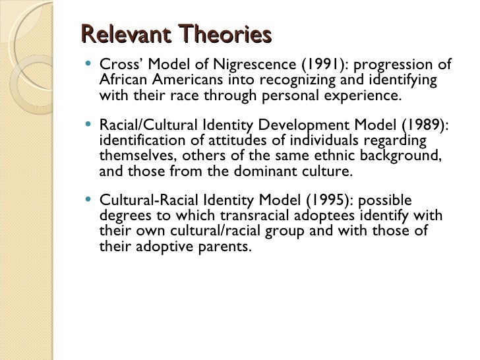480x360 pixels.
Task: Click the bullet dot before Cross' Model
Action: (x=88, y=65)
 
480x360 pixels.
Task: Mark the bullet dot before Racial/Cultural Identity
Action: (x=88, y=125)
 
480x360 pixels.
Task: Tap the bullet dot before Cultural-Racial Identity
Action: (x=88, y=200)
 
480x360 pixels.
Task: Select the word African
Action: (x=123, y=80)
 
